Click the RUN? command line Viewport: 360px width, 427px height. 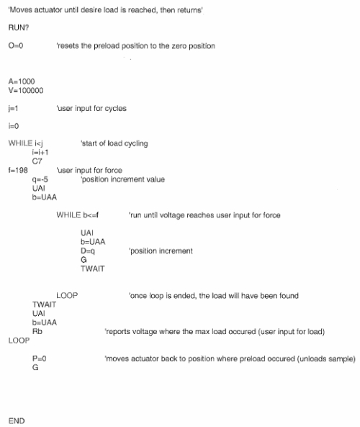(19, 28)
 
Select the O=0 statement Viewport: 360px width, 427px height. (16, 46)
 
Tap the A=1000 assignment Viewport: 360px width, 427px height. (22, 81)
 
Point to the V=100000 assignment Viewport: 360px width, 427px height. (26, 91)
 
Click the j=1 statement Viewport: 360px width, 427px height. (14, 109)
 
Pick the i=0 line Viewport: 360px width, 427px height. (14, 126)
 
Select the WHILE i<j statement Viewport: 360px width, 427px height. (26, 143)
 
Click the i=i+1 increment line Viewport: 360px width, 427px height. (40, 152)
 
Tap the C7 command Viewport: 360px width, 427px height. (37, 161)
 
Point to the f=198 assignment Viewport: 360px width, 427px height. (18, 170)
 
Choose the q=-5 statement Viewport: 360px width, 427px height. (40, 179)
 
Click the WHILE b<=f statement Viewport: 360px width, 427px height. (77, 215)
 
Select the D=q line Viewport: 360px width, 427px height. (88, 251)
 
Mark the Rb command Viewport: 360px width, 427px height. (37, 331)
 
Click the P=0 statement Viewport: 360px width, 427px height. (39, 359)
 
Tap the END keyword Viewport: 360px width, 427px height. (17, 421)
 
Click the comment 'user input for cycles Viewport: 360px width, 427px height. (91, 109)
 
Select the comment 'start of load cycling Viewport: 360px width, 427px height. (114, 143)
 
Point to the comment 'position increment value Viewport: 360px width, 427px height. (122, 179)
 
